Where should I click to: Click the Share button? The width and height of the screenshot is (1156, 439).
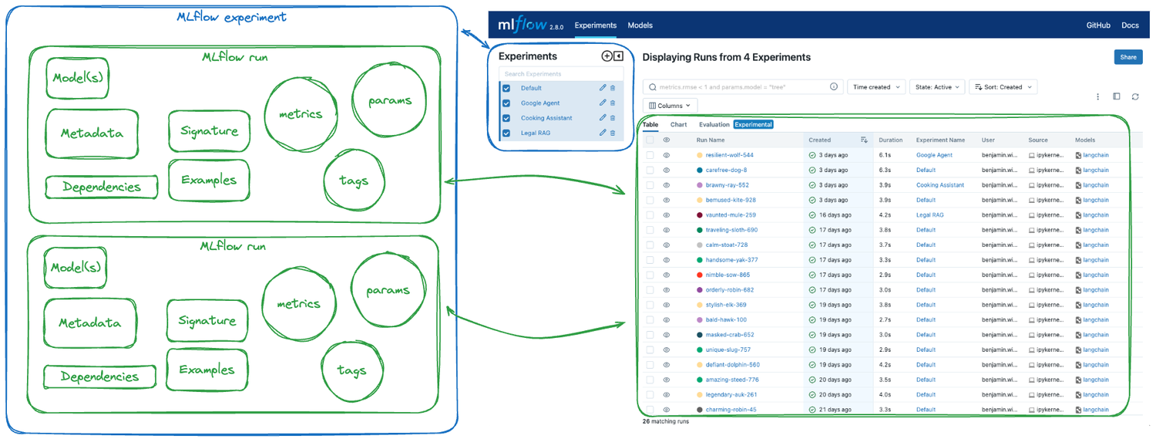point(1127,57)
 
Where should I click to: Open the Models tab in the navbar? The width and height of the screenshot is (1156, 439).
point(640,25)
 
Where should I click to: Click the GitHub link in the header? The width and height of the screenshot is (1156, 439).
point(1098,25)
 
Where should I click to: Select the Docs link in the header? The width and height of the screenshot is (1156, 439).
point(1130,25)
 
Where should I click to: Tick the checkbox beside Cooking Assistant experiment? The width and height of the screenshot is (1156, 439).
point(506,118)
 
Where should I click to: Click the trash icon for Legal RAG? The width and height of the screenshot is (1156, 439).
point(613,133)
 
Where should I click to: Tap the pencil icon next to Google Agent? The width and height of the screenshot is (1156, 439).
point(603,103)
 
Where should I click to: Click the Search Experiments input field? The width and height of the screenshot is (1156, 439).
point(560,74)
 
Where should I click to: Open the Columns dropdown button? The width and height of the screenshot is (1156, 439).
point(670,106)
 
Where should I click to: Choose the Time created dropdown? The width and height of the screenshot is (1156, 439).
point(875,87)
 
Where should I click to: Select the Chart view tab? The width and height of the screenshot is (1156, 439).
point(678,124)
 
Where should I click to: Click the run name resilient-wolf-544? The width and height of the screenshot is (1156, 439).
point(729,155)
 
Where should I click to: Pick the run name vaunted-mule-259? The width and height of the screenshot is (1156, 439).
point(730,215)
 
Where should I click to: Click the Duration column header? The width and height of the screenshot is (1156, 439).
point(890,140)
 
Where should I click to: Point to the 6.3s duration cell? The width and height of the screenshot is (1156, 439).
point(885,170)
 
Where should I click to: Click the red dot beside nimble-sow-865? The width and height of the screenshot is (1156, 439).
point(700,275)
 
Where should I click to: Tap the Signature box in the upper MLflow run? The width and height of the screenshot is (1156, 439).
point(209,131)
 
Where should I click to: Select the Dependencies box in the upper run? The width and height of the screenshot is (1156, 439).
point(102,187)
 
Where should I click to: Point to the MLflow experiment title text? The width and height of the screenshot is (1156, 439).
point(231,17)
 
